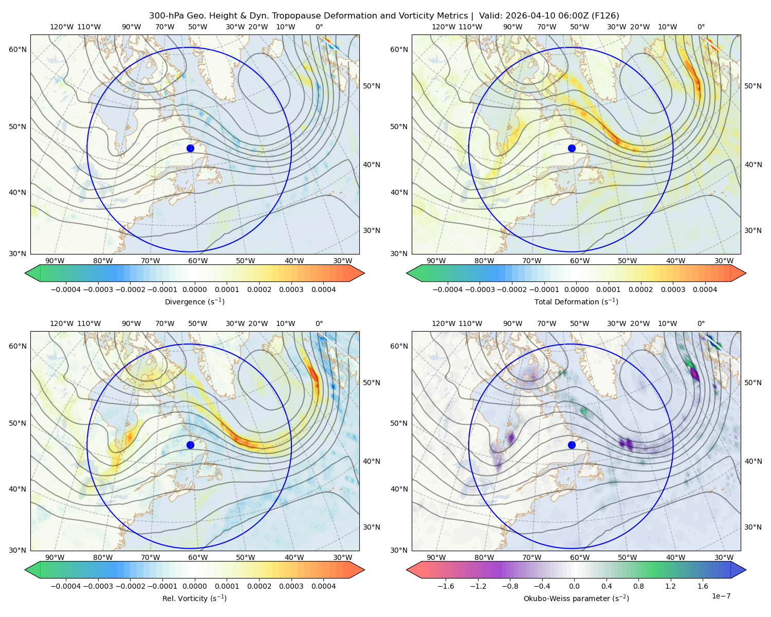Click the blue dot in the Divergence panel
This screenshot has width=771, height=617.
coord(190,148)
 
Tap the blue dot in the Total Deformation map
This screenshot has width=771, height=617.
coord(572,148)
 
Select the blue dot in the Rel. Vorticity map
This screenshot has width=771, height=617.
coord(190,445)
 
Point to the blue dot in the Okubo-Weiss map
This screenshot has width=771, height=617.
coord(572,445)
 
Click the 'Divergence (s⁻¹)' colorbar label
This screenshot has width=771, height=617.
coord(194,301)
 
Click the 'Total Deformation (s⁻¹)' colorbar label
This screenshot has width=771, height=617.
coord(576,301)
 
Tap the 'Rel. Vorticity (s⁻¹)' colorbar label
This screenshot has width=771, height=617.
coord(194,598)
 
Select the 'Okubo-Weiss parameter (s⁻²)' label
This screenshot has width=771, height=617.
coord(576,598)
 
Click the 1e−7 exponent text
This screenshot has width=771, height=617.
coord(721,596)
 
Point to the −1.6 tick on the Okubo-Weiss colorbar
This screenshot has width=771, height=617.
coord(446,586)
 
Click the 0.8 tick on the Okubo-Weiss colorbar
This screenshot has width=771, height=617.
coord(638,586)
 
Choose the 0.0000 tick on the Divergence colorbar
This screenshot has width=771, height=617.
coord(194,289)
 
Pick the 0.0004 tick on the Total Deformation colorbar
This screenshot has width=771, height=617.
coord(705,289)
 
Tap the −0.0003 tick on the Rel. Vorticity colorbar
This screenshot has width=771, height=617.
coord(98,586)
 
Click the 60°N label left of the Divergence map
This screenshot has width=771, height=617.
coord(17,49)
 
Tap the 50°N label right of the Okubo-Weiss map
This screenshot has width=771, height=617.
coord(752,383)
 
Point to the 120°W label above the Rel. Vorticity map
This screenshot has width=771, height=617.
coord(62,323)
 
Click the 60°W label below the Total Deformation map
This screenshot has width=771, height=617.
coord(579,261)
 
